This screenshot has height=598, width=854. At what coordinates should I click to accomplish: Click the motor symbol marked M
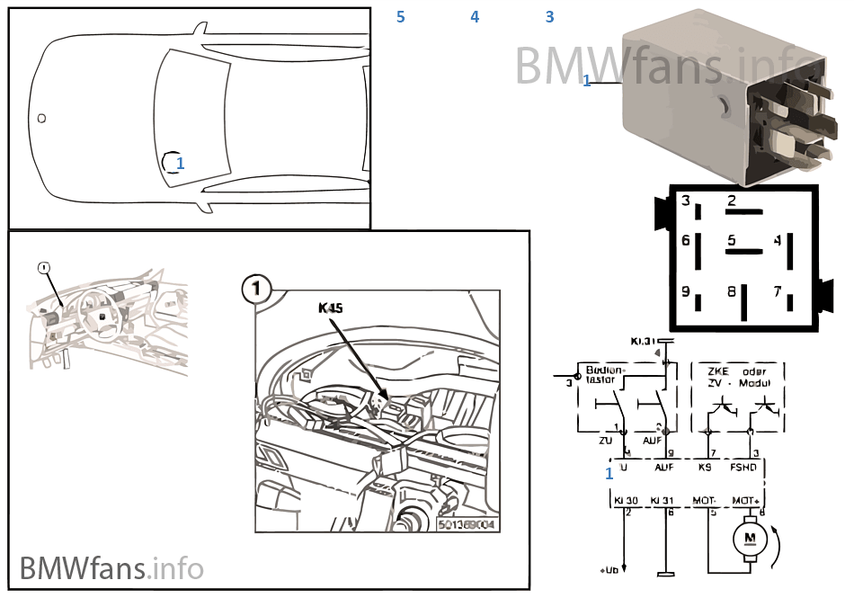click(750, 539)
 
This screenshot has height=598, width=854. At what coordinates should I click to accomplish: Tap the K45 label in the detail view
click(331, 308)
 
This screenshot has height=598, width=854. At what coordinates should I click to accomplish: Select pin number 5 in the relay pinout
click(732, 241)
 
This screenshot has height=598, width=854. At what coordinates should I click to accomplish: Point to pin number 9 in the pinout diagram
click(685, 291)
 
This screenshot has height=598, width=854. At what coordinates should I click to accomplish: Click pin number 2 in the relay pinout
click(732, 201)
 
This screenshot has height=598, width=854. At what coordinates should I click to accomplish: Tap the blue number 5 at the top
click(400, 17)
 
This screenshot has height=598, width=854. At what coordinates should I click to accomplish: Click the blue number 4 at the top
click(475, 17)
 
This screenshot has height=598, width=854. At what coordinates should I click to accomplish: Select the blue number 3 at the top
click(549, 17)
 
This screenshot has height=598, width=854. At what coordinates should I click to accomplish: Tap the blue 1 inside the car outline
click(180, 163)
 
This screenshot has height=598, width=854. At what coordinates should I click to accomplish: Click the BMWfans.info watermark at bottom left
click(111, 567)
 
